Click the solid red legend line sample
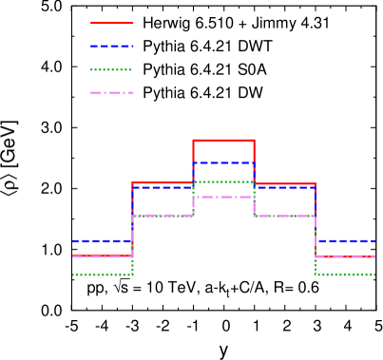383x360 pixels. [x=112, y=23]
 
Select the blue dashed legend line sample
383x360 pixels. [x=112, y=47]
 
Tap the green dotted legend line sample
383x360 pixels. [x=111, y=69]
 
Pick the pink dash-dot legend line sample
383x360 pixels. [x=112, y=93]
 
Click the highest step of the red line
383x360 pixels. [x=223, y=141]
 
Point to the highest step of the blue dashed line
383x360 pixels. [x=223, y=162]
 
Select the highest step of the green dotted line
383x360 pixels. [x=223, y=181]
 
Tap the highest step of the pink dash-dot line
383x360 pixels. [x=223, y=197]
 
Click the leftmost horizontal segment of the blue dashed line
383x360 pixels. [x=102, y=240]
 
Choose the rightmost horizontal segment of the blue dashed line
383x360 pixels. [x=346, y=240]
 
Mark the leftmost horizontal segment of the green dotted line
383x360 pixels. [x=102, y=275]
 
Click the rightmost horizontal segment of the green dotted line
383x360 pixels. [x=346, y=275]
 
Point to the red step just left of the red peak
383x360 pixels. [x=163, y=182]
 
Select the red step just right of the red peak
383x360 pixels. [x=285, y=184]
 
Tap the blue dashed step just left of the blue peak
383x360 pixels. [x=163, y=187]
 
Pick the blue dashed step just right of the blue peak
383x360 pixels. [x=285, y=187]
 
